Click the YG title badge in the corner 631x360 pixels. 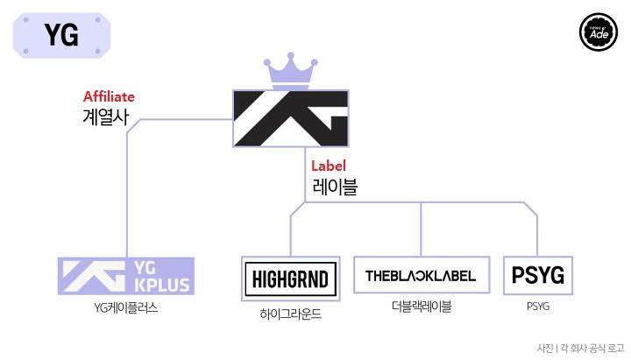pos(60,36)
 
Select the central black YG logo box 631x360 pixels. pos(290,118)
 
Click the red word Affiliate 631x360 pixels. pos(109,96)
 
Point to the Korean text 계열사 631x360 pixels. pos(103,118)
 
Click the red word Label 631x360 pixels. pos(329,165)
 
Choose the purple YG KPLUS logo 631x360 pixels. pos(125,276)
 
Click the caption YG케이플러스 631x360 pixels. pos(125,307)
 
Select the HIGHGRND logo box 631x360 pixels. pos(289,279)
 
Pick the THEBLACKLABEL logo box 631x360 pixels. pos(421,276)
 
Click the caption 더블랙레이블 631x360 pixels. pos(422,307)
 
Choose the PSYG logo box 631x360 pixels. pos(537,277)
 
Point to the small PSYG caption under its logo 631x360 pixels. pos(537,307)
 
